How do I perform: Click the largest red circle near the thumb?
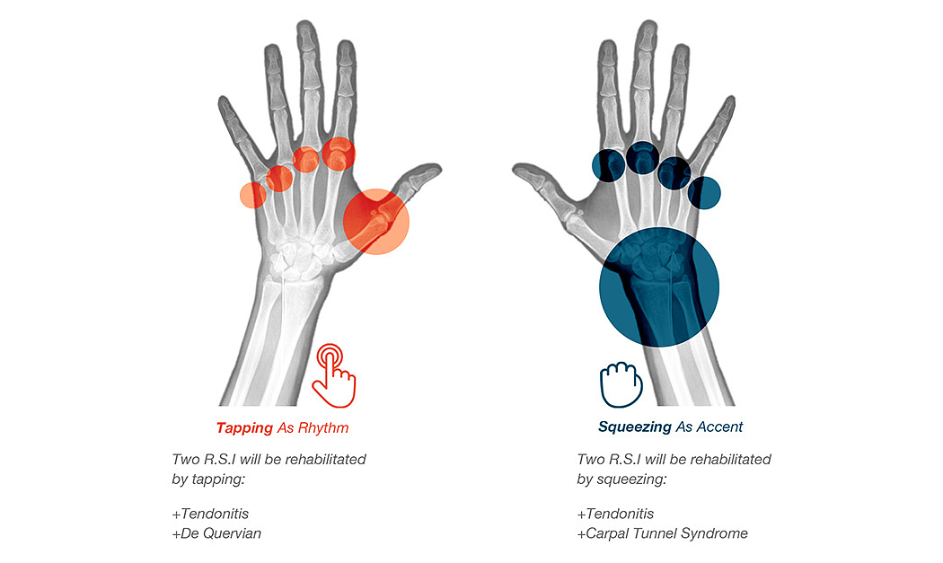376,221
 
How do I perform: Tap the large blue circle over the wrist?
659,286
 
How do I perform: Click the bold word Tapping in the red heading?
244,427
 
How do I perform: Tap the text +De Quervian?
216,533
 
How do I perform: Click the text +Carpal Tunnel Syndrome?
662,533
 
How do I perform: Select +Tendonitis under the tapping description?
210,514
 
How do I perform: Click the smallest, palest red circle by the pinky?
252,194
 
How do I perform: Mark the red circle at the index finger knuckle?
339,154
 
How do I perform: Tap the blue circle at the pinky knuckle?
704,191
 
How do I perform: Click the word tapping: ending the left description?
217,479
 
